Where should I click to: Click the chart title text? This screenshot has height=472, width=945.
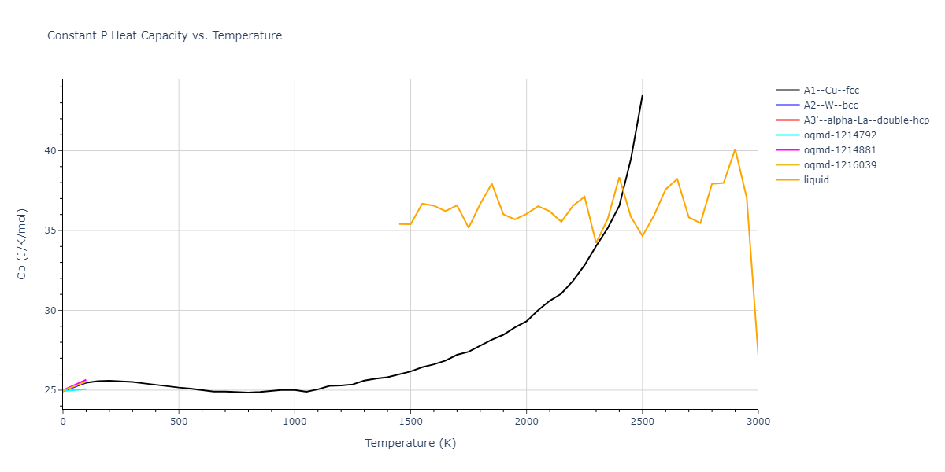point(165,35)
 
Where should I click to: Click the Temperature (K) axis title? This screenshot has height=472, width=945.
point(410,443)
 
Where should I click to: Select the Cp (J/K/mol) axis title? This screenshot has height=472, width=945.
point(22,244)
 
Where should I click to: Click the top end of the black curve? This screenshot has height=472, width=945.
point(642,96)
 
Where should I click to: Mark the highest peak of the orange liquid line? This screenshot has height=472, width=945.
point(735,149)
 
